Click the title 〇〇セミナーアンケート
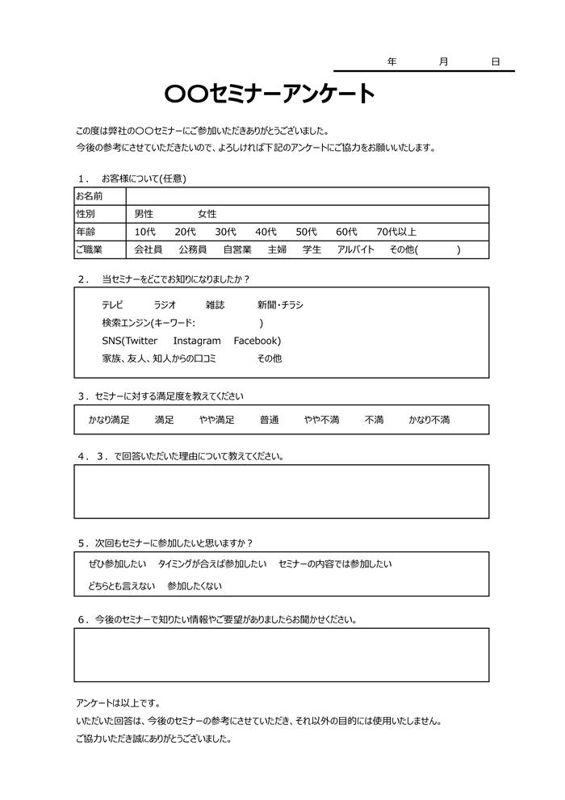pos(270,94)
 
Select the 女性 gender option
pos(207,214)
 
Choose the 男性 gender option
pos(144,214)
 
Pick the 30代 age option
pos(226,232)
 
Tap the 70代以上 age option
pos(396,232)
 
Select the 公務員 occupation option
pos(193,249)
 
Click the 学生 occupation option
pos(312,249)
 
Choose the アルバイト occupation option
pos(356,249)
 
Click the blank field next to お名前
pos(307,196)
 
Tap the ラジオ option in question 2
pos(165,304)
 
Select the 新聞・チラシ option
pos(280,304)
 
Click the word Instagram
pos(197,341)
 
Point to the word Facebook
pos(257,341)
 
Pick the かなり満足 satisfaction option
pos(109,420)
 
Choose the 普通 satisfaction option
pos(269,420)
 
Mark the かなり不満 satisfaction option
pos(429,420)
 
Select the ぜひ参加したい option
pos(117,563)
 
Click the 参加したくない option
pos(194,586)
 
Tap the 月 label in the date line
pos(444,62)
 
